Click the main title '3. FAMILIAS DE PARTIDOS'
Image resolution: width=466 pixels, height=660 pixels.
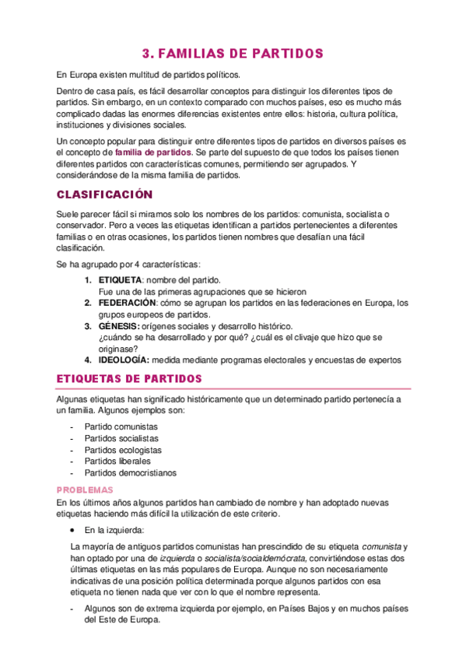tap(232, 54)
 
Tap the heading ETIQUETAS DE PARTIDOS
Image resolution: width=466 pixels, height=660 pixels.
tap(130, 379)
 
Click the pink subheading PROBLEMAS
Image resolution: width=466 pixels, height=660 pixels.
tap(86, 490)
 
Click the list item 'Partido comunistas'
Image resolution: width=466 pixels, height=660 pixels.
tap(121, 427)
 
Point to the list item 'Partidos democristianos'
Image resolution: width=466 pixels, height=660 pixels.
tap(131, 472)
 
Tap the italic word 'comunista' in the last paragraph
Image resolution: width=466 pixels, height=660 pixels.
tap(382, 547)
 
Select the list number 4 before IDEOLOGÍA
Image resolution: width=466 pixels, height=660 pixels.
tap(87, 360)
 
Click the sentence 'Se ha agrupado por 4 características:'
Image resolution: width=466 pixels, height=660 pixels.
tap(128, 265)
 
